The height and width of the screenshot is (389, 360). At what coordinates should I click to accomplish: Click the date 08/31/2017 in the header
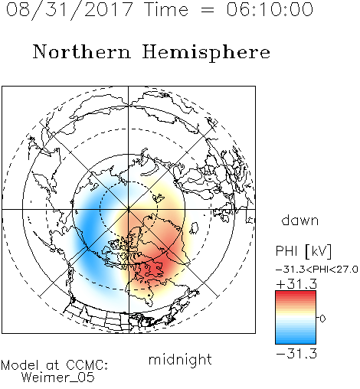69,10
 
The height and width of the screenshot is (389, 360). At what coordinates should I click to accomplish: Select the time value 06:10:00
270,9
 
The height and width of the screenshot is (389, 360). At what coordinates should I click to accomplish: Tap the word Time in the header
166,9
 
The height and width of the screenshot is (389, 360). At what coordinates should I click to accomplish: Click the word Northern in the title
82,51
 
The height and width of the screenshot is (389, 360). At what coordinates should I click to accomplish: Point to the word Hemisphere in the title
206,53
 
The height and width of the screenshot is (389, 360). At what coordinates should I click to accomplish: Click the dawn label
300,220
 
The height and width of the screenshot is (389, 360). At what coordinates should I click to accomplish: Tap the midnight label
180,359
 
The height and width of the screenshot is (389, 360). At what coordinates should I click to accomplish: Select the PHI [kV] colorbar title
303,251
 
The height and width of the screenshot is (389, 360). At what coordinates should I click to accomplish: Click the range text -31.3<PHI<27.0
317,270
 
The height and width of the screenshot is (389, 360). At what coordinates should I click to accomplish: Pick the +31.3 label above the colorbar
296,284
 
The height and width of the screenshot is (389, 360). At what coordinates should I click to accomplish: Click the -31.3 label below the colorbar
296,354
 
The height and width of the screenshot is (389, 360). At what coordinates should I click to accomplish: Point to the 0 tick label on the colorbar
322,319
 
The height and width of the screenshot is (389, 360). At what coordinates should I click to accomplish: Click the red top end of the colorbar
296,293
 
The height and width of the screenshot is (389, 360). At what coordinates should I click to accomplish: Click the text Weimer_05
58,377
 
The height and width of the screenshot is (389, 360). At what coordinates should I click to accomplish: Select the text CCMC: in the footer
87,365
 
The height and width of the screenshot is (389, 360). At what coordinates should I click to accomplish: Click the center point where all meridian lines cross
129,209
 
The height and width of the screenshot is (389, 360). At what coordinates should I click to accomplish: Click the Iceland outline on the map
194,228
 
